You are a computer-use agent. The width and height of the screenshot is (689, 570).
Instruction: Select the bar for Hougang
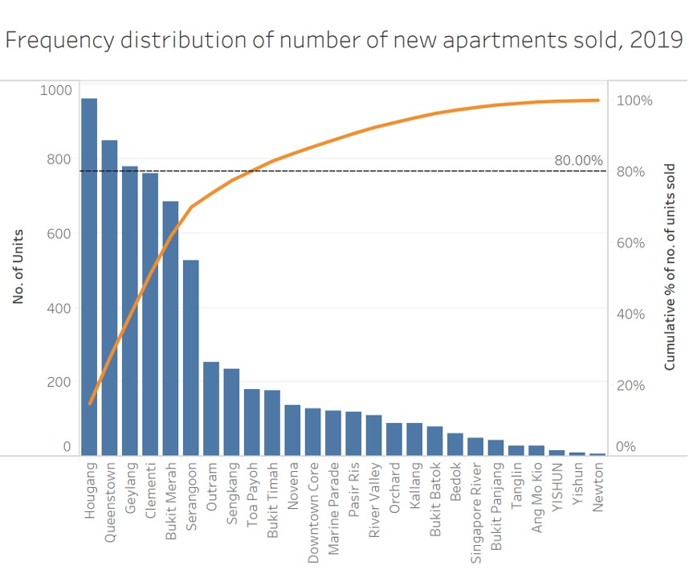pyautogui.click(x=89, y=277)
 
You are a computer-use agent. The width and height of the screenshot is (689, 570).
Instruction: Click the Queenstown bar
pyautogui.click(x=109, y=297)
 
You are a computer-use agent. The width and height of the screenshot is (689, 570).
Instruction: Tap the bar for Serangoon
pyautogui.click(x=191, y=358)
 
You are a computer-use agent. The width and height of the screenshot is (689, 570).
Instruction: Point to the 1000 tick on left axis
pyautogui.click(x=55, y=90)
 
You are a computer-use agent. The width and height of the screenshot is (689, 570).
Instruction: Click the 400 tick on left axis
pyautogui.click(x=59, y=308)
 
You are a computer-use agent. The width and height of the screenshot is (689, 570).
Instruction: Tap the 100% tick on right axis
pyautogui.click(x=634, y=100)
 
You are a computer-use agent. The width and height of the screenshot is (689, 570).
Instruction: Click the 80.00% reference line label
pyautogui.click(x=578, y=161)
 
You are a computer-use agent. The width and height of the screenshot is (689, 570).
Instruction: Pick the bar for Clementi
pyautogui.click(x=150, y=314)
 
